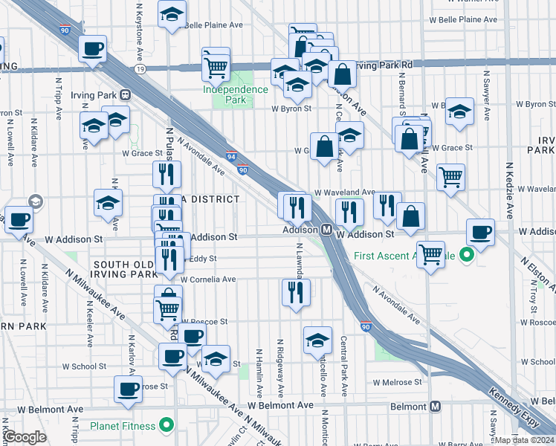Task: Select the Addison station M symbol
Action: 326,230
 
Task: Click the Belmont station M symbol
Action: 436,407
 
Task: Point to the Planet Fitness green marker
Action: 167,426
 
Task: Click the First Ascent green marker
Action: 467,256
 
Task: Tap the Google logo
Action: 25,437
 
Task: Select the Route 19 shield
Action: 140,68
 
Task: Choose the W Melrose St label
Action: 397,382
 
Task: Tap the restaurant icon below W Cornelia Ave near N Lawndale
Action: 296,292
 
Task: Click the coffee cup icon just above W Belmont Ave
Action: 128,388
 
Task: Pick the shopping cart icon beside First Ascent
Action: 431,254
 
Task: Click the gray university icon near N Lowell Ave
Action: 35,201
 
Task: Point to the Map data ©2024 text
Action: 524,440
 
